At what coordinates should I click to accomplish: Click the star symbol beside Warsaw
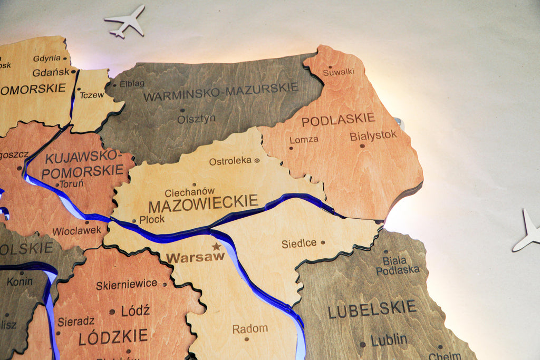pyautogui.click(x=216, y=246)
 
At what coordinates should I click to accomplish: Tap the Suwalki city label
pyautogui.click(x=339, y=72)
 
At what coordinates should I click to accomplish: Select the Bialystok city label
pyautogui.click(x=373, y=135)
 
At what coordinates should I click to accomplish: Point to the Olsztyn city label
pyautogui.click(x=196, y=119)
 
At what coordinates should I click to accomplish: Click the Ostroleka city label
pyautogui.click(x=230, y=161)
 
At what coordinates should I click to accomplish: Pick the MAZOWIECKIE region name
pyautogui.click(x=204, y=202)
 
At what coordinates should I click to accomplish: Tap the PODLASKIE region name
pyautogui.click(x=338, y=120)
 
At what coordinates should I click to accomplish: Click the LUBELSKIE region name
pyautogui.click(x=372, y=309)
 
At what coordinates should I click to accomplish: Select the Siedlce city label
pyautogui.click(x=299, y=244)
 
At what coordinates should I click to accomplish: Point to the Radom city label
pyautogui.click(x=250, y=329)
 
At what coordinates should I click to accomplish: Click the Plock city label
pyautogui.click(x=152, y=219)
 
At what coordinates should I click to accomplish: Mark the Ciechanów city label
pyautogui.click(x=189, y=192)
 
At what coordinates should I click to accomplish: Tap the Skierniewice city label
pyautogui.click(x=127, y=285)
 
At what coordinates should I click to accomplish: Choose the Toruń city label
pyautogui.click(x=71, y=184)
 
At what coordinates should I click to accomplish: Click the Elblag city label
pyautogui.click(x=132, y=84)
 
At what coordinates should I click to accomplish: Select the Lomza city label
pyautogui.click(x=304, y=140)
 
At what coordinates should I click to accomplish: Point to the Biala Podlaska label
pyautogui.click(x=397, y=265)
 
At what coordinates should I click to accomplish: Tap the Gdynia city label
pyautogui.click(x=47, y=59)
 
